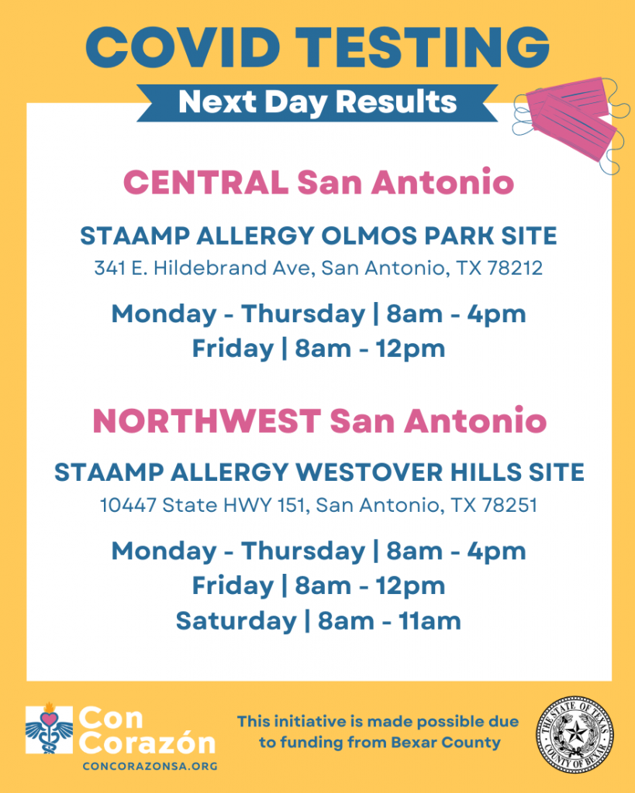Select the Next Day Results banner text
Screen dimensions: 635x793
pos(318,102)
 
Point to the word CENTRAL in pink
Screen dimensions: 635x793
pos(206,182)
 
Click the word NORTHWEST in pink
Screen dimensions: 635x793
pos(206,421)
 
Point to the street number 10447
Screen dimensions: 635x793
pos(128,505)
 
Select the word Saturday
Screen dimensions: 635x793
pos(236,621)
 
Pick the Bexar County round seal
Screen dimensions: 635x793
pos(575,735)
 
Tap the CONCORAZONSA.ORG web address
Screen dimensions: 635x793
pos(150,766)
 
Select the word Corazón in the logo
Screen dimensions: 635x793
pos(147,743)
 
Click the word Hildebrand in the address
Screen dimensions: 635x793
pos(209,267)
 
